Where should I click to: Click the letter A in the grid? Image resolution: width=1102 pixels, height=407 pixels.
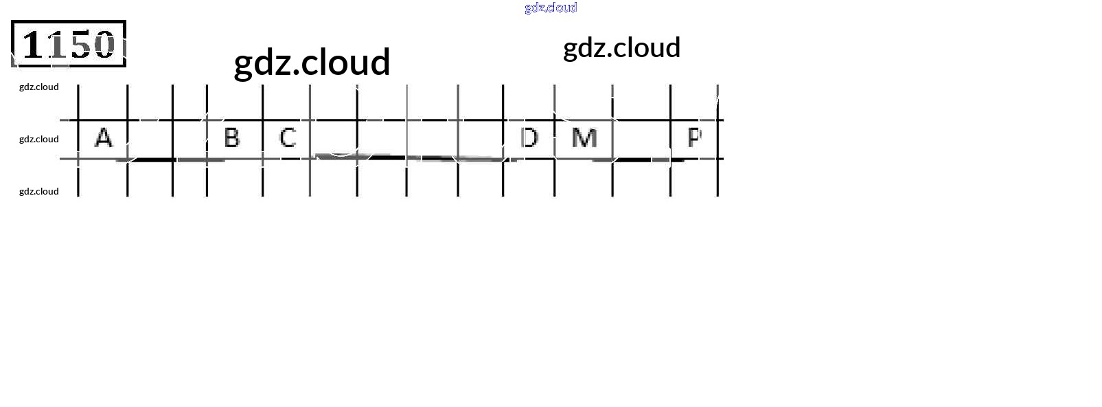[x=103, y=138]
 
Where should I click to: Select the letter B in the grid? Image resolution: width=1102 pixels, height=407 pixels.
[x=232, y=138]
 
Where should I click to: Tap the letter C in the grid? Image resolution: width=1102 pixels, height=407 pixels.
[x=288, y=138]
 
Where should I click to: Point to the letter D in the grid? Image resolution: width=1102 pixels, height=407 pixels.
[x=529, y=138]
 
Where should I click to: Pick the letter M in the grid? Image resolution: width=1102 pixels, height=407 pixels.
[x=584, y=138]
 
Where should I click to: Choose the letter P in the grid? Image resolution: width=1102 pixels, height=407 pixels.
[x=694, y=138]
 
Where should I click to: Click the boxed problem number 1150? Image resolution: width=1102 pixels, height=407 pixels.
[x=69, y=44]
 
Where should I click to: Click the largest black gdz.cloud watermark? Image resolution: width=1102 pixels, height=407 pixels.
[x=312, y=62]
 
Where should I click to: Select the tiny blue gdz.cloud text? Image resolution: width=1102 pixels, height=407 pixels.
[x=551, y=8]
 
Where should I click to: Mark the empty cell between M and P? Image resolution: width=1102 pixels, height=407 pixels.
[x=641, y=138]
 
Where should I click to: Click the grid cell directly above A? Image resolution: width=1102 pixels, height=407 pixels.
[x=103, y=102]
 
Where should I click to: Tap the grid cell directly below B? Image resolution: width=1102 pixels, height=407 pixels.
[x=234, y=178]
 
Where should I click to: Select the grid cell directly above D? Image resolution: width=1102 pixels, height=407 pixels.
[x=529, y=102]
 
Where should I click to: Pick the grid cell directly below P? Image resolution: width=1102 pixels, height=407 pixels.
[x=694, y=178]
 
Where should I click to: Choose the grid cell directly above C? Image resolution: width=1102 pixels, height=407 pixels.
[x=286, y=102]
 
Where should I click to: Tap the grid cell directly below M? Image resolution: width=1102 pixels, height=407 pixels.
[x=584, y=178]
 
